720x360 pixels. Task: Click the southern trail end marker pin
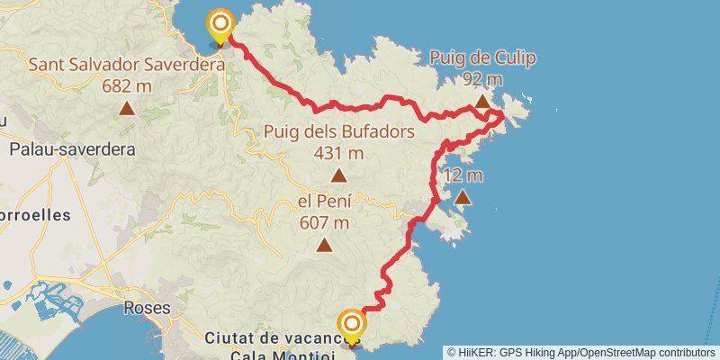352,325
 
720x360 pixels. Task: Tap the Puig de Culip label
482,59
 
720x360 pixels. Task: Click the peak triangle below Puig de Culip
482,102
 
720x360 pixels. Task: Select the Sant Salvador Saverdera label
127,66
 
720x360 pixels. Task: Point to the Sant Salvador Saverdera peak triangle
127,109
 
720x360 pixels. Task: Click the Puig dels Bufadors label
338,132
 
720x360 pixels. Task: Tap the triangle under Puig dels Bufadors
338,175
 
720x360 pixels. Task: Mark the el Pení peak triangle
323,245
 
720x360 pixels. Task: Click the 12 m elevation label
463,175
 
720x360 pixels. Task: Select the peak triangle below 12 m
463,197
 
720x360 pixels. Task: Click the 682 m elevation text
127,86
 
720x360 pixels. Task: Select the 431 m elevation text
338,153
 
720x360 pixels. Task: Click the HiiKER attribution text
580,353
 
